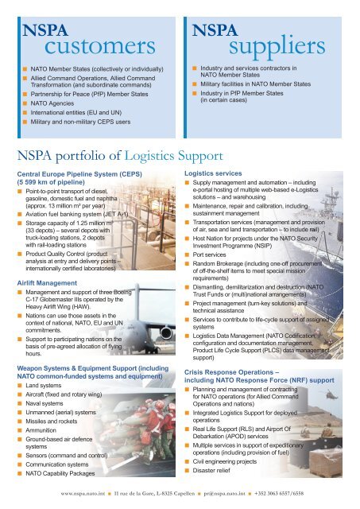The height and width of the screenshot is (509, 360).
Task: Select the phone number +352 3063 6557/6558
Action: (318, 493)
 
